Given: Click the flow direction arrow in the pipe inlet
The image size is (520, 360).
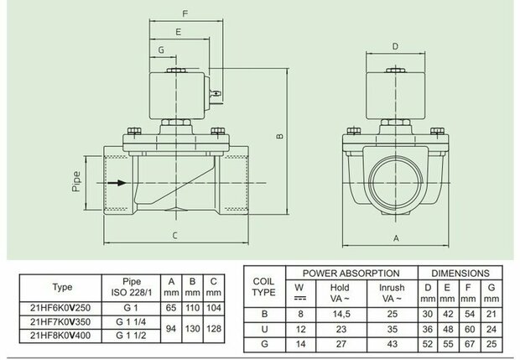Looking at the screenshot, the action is click(117, 183).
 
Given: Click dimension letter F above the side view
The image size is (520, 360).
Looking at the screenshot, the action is click(185, 13).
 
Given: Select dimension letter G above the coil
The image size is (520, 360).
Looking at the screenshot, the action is click(161, 50).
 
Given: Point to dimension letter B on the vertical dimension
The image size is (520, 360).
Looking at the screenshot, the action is click(280, 136).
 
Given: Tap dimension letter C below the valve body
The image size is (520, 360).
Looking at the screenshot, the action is click(174, 236).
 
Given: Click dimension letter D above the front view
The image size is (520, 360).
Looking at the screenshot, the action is click(395, 46).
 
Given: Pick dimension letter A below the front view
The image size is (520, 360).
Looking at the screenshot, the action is click(396, 238).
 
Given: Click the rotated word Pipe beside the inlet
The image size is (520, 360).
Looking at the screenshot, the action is click(76, 181).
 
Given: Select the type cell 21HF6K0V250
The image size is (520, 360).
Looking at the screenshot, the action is click(60, 308).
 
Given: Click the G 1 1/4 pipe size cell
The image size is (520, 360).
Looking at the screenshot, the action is click(131, 322).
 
